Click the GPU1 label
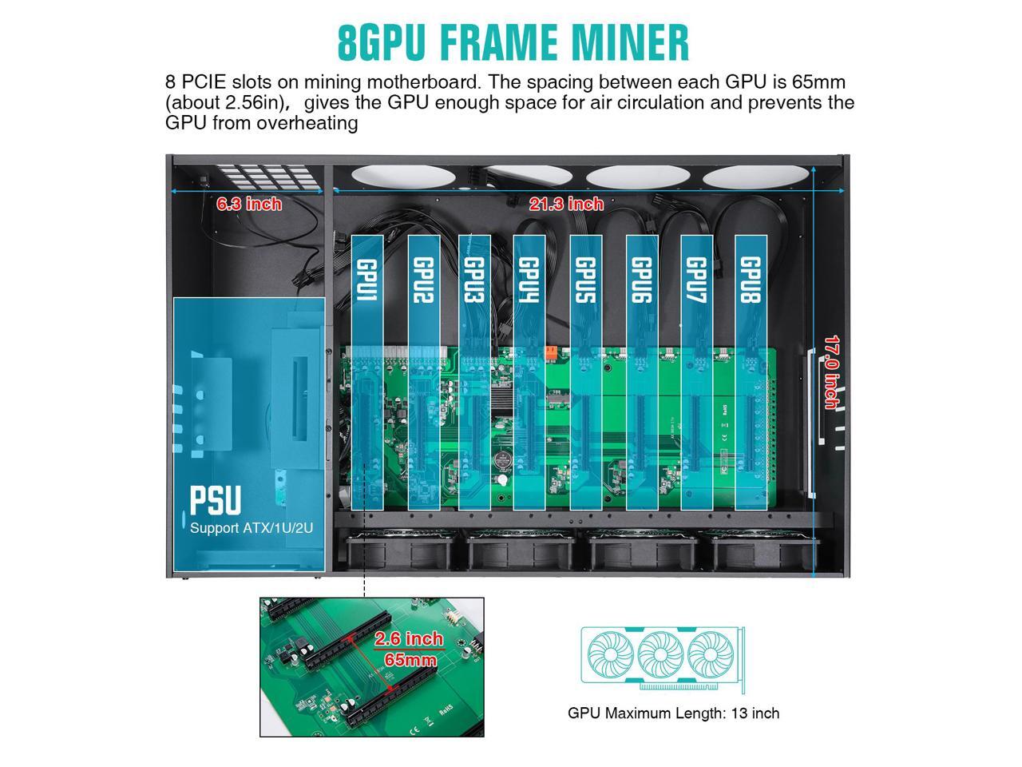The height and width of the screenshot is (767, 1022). tap(366, 280)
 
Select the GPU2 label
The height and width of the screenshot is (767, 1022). tap(423, 280)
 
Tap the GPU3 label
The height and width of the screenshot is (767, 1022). tap(474, 280)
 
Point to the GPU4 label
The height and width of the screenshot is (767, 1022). tap(529, 280)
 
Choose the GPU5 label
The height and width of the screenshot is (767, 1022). tap(585, 280)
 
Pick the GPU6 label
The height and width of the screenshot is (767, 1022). tap(641, 280)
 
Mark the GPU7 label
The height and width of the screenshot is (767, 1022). tap(696, 280)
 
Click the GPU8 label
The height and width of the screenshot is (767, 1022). tap(751, 280)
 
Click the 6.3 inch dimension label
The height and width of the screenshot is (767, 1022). tap(249, 204)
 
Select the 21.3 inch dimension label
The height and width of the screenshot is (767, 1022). tap(566, 205)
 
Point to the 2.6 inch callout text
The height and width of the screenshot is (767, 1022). tap(409, 639)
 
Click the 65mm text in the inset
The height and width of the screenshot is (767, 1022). tap(410, 660)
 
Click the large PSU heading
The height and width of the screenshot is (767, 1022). tap(215, 500)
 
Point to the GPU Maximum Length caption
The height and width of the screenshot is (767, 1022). tap(673, 713)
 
